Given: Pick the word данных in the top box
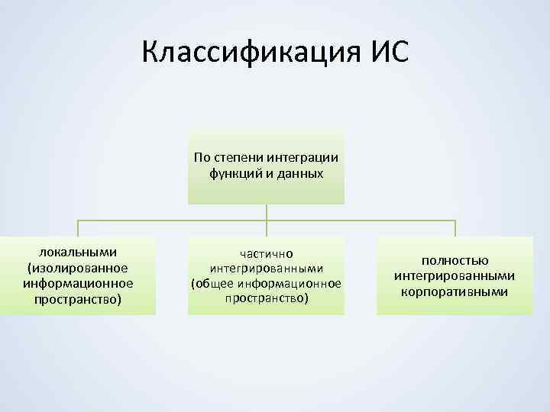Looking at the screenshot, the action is point(299,173).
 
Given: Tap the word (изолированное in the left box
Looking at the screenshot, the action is point(78,268).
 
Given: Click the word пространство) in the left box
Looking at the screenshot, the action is point(78,298).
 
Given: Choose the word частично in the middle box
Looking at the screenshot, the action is point(267,253).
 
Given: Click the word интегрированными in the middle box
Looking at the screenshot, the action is point(267,269).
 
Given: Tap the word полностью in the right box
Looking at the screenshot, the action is point(455,261).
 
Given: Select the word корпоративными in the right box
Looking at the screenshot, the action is point(455,291).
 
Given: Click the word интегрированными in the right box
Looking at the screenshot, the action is point(455,276).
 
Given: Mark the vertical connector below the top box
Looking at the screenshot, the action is point(267,213).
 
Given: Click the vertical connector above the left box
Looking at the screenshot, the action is point(78,228).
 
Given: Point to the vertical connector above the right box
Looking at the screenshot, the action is point(455,228).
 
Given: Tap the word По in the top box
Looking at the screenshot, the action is point(202,158).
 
